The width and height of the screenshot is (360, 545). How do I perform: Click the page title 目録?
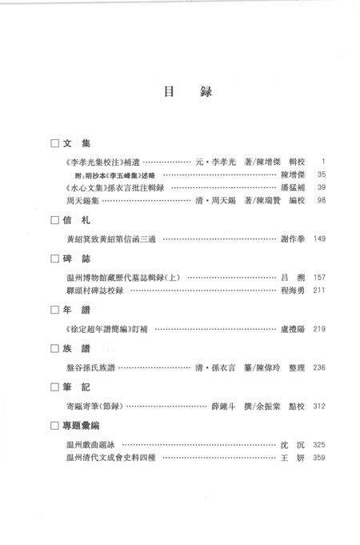[x=179, y=91]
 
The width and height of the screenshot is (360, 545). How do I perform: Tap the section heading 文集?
[x=76, y=144]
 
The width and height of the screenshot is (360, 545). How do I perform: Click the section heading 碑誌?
[x=76, y=259]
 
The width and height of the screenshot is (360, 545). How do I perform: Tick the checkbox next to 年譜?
[x=54, y=310]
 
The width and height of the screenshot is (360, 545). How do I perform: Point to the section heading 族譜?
[x=76, y=349]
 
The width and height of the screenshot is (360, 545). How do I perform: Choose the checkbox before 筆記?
[x=54, y=387]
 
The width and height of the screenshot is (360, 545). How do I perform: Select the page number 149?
[x=319, y=238]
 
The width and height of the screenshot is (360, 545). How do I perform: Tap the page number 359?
[x=319, y=457]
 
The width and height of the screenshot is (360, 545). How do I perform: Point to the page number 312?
[x=319, y=406]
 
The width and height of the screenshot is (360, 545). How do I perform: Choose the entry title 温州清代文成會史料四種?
[x=114, y=457]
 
